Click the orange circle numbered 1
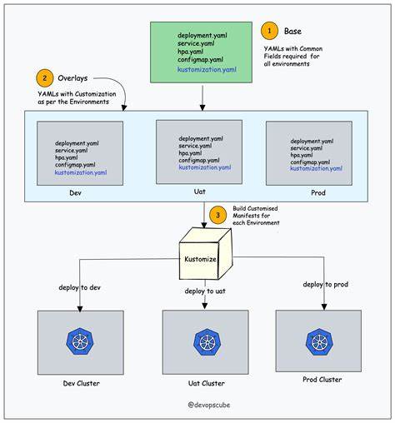[269, 32]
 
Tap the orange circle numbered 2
[44, 78]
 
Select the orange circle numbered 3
[218, 214]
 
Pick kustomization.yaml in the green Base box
[211, 71]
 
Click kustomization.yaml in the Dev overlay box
[81, 172]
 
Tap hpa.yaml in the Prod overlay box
[303, 155]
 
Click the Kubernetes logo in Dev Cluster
[80, 342]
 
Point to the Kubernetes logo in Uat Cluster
[203, 342]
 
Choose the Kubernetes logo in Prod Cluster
[317, 341]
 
